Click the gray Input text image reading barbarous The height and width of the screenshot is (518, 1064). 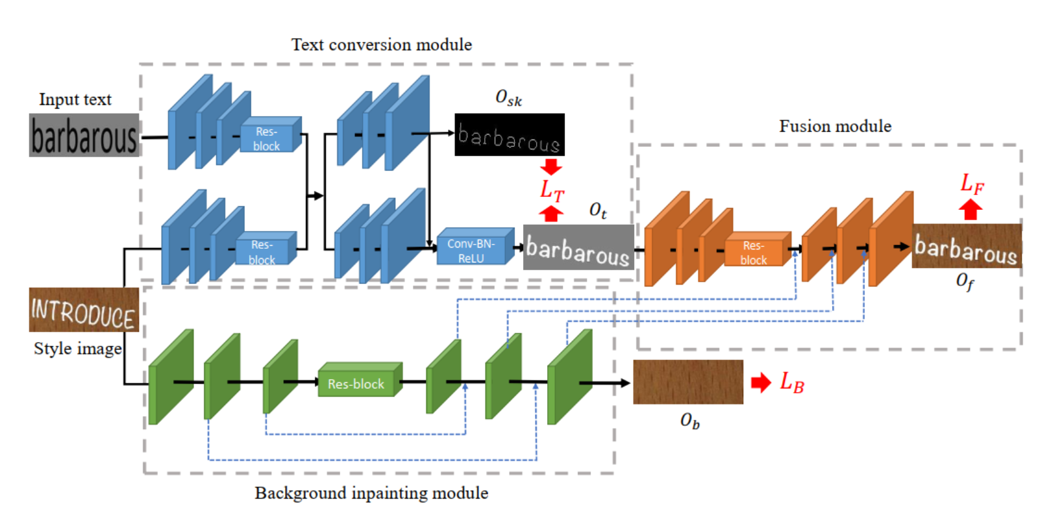(x=84, y=135)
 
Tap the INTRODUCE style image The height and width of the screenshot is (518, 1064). (x=84, y=310)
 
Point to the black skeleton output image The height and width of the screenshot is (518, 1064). (x=509, y=135)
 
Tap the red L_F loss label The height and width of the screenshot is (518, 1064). (x=971, y=183)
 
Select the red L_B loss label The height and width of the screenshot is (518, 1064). (x=792, y=383)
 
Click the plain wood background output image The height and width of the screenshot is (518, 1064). (x=688, y=382)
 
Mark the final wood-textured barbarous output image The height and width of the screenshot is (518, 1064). (x=966, y=246)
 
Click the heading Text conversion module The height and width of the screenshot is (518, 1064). (x=381, y=45)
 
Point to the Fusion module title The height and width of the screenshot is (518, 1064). (x=835, y=127)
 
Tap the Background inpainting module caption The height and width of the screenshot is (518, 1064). (x=371, y=493)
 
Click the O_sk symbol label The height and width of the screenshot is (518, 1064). (x=508, y=98)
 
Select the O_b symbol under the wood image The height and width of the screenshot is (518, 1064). (x=690, y=421)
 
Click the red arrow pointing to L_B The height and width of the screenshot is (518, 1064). (x=761, y=383)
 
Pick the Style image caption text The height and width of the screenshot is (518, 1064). (x=78, y=349)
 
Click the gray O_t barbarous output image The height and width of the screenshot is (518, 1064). (x=578, y=248)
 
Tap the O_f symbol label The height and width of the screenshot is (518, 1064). (x=965, y=281)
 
